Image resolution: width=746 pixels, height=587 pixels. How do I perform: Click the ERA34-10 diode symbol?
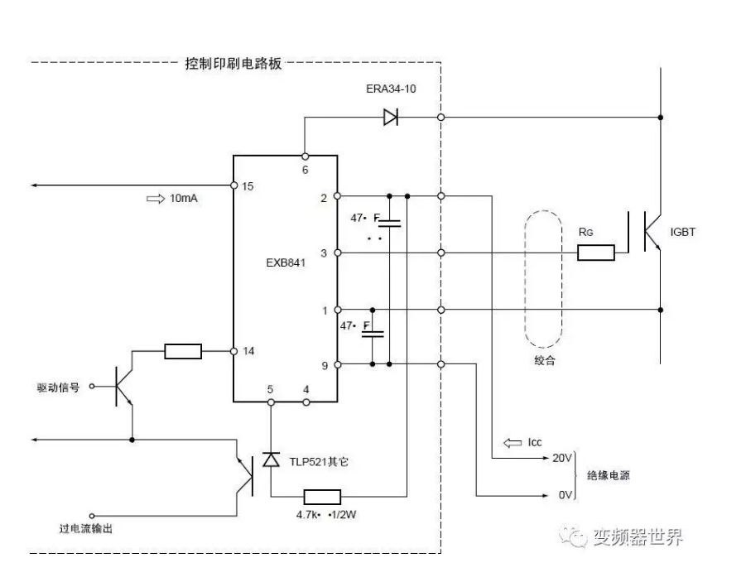point(391,118)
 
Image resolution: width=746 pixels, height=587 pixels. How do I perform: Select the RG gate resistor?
point(595,253)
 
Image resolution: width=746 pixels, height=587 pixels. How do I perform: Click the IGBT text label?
point(682,233)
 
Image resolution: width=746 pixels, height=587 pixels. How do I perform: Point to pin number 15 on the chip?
point(247,185)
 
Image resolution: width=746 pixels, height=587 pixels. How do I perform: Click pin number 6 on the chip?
point(306,169)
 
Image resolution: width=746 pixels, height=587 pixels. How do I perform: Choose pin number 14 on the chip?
point(248,351)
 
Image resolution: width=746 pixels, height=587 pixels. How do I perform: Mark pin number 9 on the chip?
point(324,363)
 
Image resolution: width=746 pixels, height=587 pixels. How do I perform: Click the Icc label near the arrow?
point(535,443)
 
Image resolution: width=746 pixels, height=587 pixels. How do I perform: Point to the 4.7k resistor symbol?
point(323,497)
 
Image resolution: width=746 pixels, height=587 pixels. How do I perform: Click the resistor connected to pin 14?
point(183,351)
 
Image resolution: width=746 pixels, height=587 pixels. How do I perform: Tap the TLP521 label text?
point(319,460)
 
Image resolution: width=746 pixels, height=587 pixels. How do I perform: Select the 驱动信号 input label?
point(58,387)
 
